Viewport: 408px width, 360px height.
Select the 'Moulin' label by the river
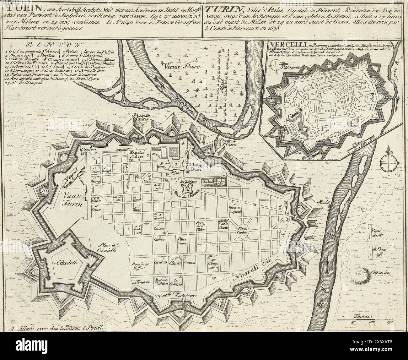[324, 202]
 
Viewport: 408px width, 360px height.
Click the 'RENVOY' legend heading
[52, 45]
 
